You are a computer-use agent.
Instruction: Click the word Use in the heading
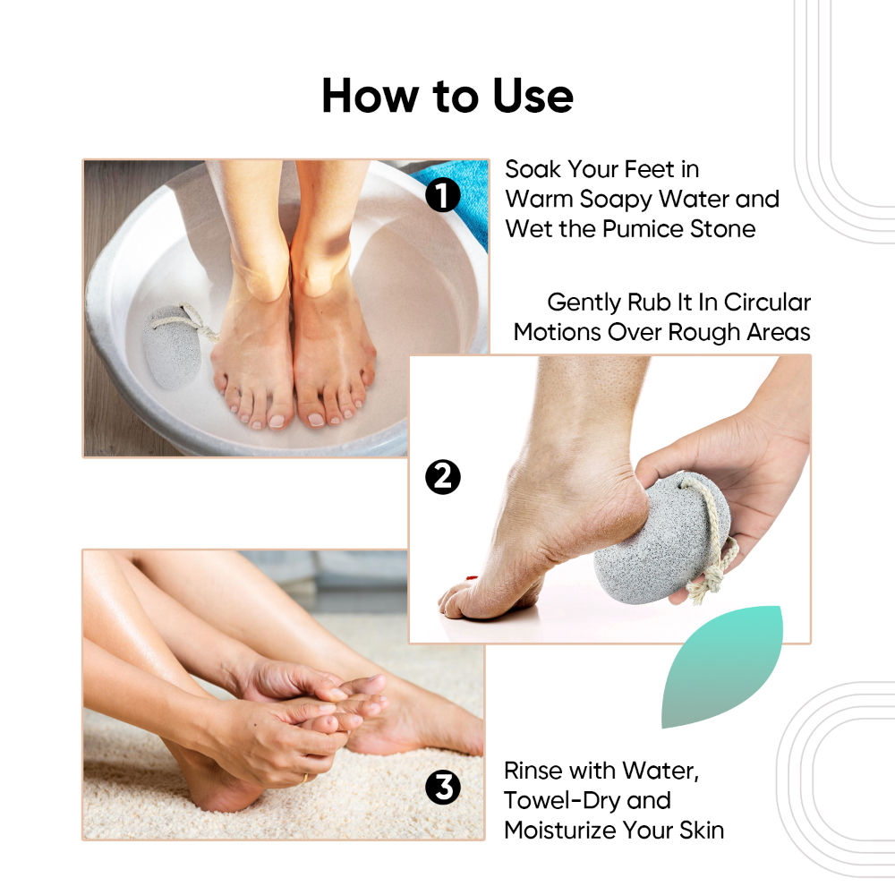533,96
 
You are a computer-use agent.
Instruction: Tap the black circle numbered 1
443,194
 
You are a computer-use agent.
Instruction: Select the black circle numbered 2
443,477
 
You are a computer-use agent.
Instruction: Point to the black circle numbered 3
443,788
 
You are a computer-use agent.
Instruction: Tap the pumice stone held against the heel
662,538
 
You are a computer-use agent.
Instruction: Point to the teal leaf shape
721,666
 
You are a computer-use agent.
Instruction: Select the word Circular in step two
767,303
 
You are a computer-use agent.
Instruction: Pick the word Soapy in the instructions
617,200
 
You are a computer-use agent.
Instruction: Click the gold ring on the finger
305,778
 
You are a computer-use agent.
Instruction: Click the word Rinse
533,771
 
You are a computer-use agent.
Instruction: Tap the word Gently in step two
584,303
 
